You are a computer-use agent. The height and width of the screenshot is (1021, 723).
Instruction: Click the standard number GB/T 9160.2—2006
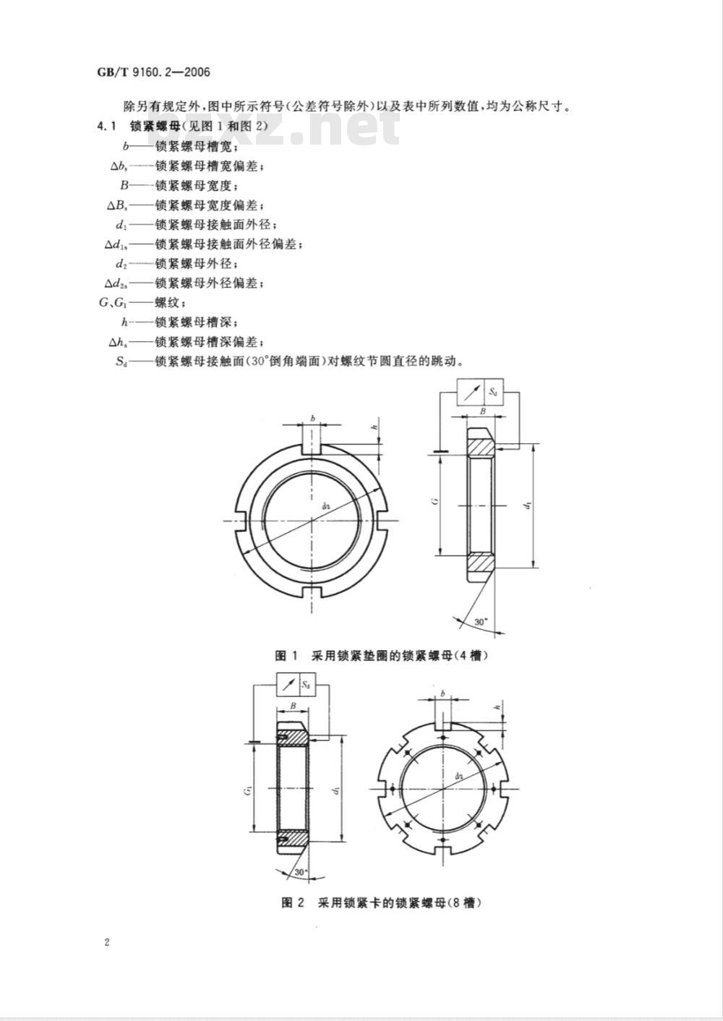pyautogui.click(x=153, y=72)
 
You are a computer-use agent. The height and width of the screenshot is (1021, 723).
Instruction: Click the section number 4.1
pyautogui.click(x=107, y=127)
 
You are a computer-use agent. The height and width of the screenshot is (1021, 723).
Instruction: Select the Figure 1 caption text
pyautogui.click(x=379, y=656)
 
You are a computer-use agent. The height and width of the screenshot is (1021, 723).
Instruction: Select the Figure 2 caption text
pyautogui.click(x=381, y=902)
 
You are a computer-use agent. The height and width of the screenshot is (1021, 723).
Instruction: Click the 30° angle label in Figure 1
pyautogui.click(x=481, y=622)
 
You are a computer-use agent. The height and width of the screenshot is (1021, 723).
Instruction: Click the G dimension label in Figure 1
pyautogui.click(x=436, y=501)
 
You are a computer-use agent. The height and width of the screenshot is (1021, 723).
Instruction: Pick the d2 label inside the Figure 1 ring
pyautogui.click(x=325, y=505)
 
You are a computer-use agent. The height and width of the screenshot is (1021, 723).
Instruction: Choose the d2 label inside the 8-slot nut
pyautogui.click(x=459, y=776)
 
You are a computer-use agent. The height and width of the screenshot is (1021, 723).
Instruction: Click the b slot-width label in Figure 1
pyautogui.click(x=313, y=417)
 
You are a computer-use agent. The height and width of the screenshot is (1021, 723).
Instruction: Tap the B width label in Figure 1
pyautogui.click(x=483, y=411)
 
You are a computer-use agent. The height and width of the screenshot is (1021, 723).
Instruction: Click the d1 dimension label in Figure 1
pyautogui.click(x=529, y=505)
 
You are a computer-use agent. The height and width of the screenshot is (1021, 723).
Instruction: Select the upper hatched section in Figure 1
pyautogui.click(x=482, y=448)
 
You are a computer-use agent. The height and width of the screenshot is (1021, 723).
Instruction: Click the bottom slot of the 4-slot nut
pyautogui.click(x=312, y=592)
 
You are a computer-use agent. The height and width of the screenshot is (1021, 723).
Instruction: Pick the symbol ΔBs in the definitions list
pyautogui.click(x=117, y=205)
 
